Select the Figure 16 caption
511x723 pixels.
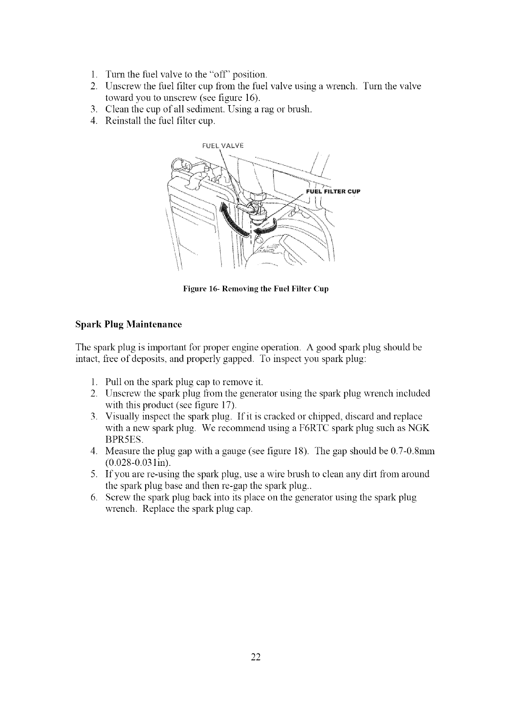(255, 289)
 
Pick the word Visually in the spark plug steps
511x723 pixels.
(122, 417)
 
